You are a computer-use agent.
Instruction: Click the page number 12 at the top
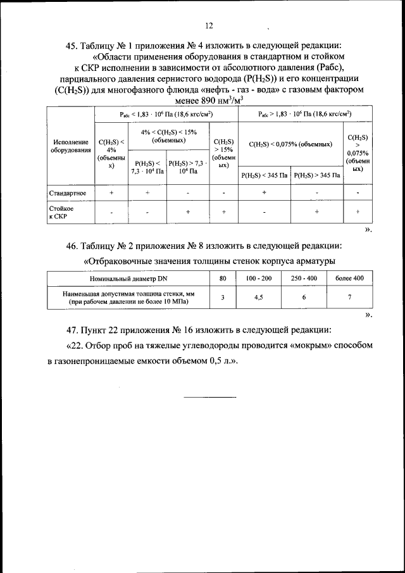[x=209, y=26]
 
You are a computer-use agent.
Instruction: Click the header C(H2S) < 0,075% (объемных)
[x=290, y=144]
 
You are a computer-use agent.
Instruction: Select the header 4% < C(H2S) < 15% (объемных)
[x=166, y=135]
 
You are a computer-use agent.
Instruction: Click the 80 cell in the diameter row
[x=222, y=278]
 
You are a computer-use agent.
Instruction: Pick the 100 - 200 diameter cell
[x=258, y=278]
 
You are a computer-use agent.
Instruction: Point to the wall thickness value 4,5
[x=258, y=297]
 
